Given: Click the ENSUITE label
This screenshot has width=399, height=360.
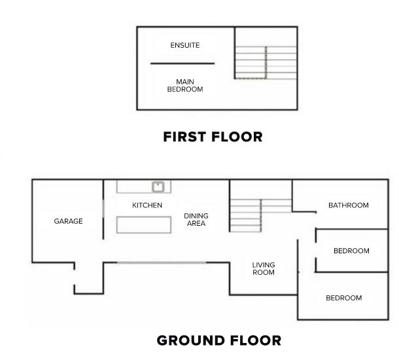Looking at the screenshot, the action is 185,45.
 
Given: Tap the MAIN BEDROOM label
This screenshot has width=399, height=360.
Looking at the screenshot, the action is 185,86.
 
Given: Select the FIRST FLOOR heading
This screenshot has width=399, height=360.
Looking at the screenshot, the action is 213,137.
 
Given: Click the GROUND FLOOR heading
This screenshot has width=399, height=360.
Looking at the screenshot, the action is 219,340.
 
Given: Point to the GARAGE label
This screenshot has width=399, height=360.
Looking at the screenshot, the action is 68,221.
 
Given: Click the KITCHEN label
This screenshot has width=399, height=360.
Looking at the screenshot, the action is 147,206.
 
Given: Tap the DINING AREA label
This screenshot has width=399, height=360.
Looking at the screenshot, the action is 196,220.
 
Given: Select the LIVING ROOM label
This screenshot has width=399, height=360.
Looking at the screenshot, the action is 264,268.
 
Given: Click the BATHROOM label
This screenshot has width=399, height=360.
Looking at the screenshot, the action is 349,206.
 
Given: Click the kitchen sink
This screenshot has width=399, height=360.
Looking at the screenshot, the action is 158,187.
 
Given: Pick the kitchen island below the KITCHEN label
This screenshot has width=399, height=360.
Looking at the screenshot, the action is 144,225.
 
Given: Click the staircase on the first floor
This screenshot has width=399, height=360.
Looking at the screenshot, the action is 266,63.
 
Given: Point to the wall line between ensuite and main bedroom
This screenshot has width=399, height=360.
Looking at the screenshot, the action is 182,63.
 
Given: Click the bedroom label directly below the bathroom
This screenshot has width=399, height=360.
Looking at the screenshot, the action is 351,251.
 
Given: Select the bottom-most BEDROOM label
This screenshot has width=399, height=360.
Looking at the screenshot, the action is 344,298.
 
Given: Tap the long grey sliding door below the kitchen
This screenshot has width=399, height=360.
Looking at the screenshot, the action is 162,262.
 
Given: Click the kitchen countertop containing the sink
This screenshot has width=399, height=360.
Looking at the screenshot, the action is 144,187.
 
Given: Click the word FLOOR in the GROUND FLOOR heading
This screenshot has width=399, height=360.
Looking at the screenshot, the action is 256,340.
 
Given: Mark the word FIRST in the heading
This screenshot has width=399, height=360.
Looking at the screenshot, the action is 184,137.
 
